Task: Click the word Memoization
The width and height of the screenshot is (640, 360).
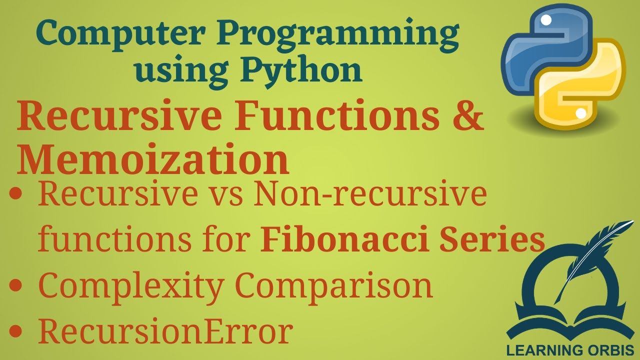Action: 152,159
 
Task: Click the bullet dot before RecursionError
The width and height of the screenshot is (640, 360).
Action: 17,330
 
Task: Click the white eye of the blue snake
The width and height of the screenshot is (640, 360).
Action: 546,20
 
